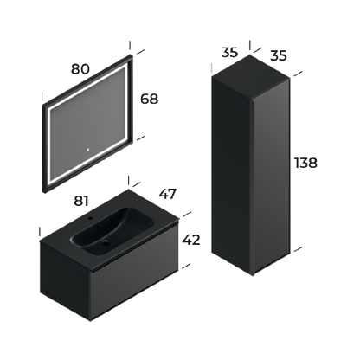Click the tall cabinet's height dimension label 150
[x=307, y=162]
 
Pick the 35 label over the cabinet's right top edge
[x=278, y=56]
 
